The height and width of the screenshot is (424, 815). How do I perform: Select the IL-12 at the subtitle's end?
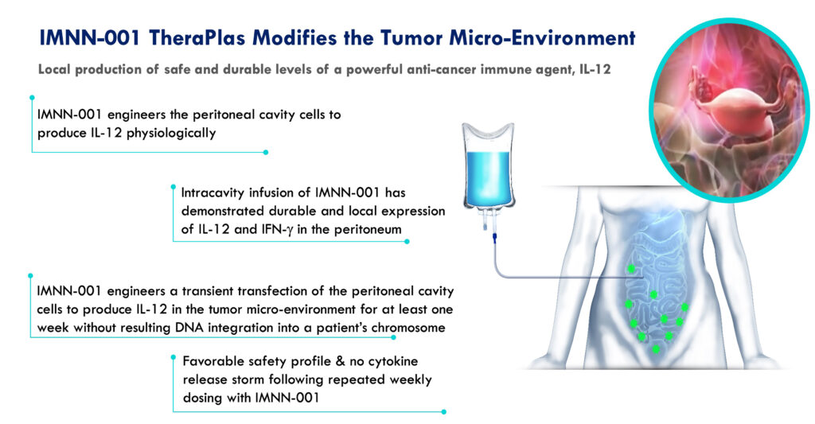pos(595,69)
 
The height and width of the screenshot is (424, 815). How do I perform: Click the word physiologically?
pos(171,133)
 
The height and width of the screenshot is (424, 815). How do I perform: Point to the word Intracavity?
pos(213,193)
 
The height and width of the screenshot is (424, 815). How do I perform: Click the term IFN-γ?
pos(274,229)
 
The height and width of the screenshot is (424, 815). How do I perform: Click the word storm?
pos(247,379)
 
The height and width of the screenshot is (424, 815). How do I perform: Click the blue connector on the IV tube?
pos(495,238)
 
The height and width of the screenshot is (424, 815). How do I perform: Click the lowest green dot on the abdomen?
pos(656,349)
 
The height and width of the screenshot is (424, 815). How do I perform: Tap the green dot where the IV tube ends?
pos(631,269)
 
